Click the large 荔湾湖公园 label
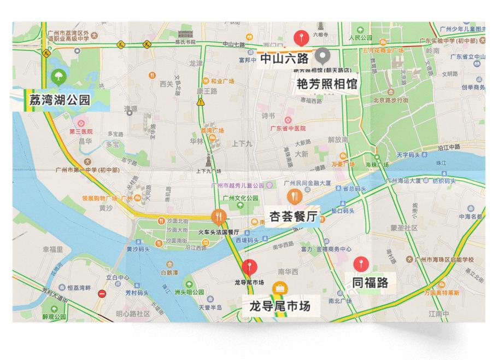tap(60, 100)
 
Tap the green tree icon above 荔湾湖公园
tap(57, 77)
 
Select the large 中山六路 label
tap(284, 58)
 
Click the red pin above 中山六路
tap(299, 38)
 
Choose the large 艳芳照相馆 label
tap(327, 83)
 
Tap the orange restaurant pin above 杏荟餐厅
tap(294, 196)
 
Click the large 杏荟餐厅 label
tap(293, 217)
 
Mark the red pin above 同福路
tap(360, 264)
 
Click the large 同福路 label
tap(370, 282)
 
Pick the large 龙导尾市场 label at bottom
tap(279, 306)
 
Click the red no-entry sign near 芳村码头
tap(102, 293)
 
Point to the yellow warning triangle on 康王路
tap(201, 102)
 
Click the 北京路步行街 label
tap(390, 100)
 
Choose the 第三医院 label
tap(81, 132)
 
